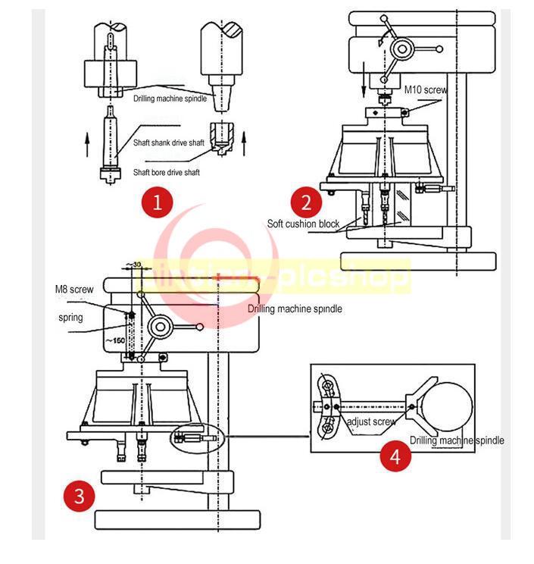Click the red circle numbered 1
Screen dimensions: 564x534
pos(158,202)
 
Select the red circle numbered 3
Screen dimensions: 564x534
pos(80,497)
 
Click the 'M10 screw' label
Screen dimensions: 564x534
pos(425,90)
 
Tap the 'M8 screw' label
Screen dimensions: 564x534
pos(73,290)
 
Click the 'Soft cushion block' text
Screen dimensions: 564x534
pos(303,224)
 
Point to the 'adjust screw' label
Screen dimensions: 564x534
pos(370,421)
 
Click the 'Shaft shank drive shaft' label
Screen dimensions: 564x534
pos(168,143)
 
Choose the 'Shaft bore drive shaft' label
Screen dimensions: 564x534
pos(167,173)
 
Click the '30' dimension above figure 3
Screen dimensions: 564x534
pos(136,265)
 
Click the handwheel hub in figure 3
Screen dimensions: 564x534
pos(161,327)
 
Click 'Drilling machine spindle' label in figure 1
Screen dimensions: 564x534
pos(170,99)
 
